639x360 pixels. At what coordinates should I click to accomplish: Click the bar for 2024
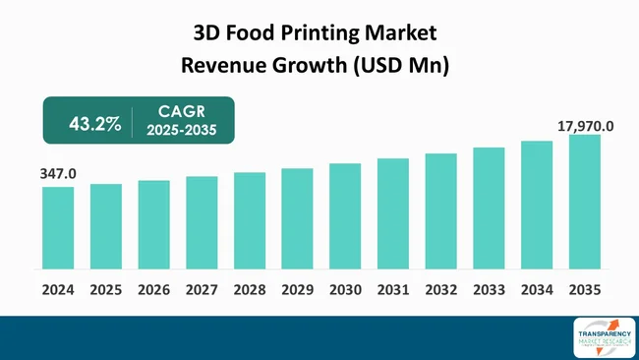point(58,227)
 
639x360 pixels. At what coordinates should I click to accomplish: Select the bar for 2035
point(585,202)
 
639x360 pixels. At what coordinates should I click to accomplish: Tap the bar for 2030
point(345,215)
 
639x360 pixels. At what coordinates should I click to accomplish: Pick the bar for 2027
point(202,222)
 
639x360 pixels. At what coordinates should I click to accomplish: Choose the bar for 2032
point(441,210)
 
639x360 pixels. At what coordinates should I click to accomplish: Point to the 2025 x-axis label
point(106,290)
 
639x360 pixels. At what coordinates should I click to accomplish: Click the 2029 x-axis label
point(297,290)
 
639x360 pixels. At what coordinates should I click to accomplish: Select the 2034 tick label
point(537,290)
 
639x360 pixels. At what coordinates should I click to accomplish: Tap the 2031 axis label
point(393,290)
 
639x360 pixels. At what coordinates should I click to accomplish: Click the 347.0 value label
point(58,174)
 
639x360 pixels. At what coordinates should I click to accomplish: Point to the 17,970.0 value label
point(585,125)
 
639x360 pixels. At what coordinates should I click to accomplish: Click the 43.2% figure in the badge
point(94,123)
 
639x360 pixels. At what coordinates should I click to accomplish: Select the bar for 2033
point(489,208)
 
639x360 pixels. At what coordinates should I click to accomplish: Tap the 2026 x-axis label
point(153,290)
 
